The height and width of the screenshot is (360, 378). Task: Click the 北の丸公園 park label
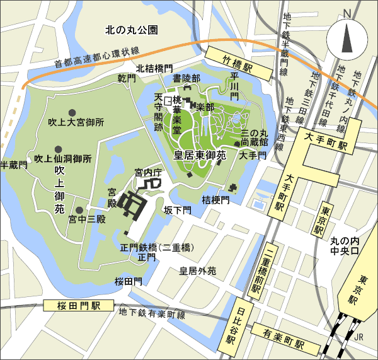click(x=132, y=30)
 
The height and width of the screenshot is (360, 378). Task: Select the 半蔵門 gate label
click(x=14, y=165)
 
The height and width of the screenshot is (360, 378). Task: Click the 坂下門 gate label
click(x=177, y=209)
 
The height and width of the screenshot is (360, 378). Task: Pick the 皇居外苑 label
click(x=198, y=271)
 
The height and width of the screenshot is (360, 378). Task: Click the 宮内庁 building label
click(x=149, y=171)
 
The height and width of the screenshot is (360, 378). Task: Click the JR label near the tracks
click(x=359, y=337)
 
